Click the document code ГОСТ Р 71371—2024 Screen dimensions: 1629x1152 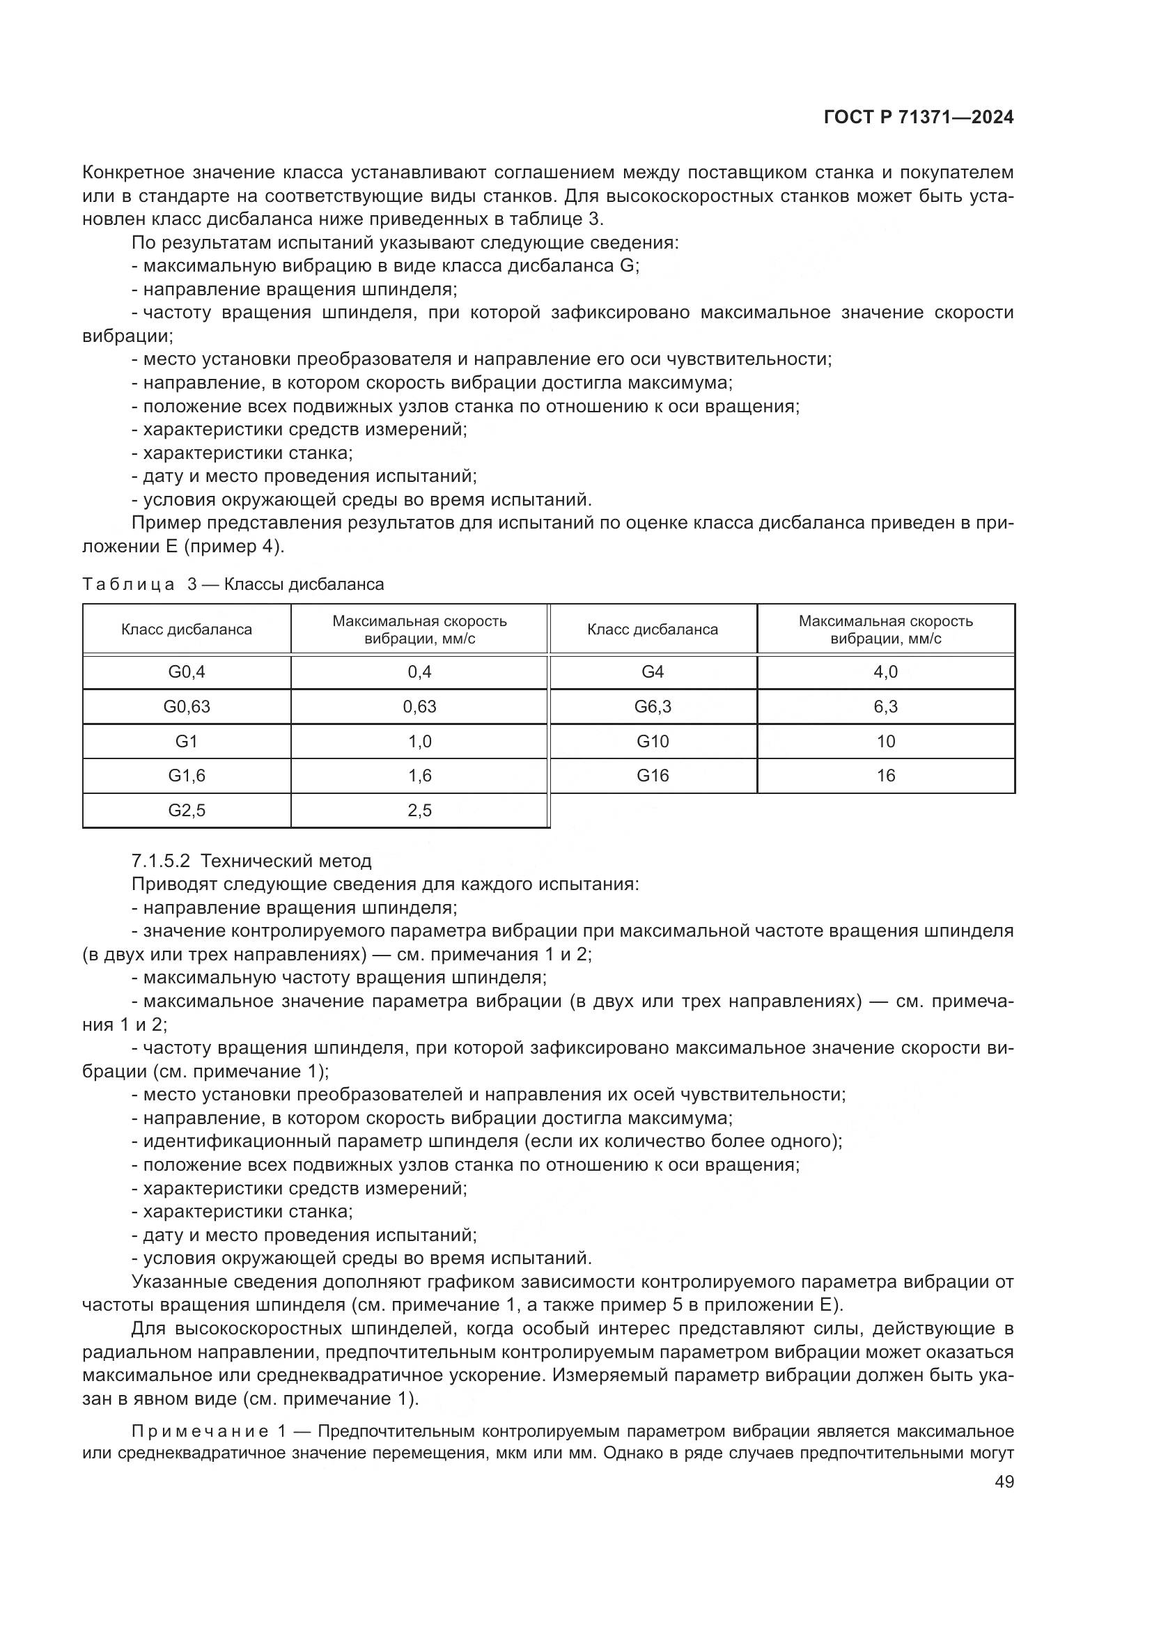click(919, 118)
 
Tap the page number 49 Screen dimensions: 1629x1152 click(1004, 1481)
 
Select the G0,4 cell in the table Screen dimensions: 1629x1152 click(187, 672)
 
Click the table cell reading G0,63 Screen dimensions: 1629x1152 click(187, 707)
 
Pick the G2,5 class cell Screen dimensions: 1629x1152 click(187, 810)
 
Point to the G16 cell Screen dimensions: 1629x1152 click(653, 775)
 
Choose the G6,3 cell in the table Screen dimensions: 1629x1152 click(653, 707)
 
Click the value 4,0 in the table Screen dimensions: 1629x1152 click(885, 672)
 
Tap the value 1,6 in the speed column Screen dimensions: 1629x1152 click(419, 775)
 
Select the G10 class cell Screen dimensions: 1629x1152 click(653, 742)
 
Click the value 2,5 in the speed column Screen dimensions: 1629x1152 click(419, 810)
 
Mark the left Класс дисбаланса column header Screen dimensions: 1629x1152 click(187, 630)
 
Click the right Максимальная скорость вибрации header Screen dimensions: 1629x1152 click(885, 630)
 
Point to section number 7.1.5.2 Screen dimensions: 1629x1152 click(161, 862)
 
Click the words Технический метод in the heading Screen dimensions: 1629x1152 click(286, 862)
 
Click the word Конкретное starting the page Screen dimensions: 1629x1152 click(133, 173)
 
